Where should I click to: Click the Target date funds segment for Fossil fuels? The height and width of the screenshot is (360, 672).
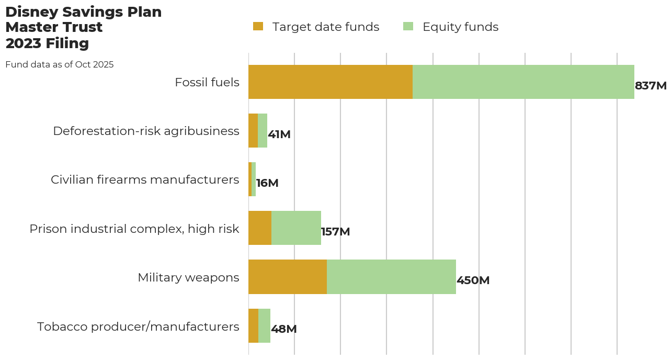point(331,82)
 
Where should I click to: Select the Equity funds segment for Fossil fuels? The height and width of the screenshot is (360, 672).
point(523,82)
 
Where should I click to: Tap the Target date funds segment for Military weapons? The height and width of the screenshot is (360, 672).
point(288,277)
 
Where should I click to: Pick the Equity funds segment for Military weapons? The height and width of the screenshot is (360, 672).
point(391,277)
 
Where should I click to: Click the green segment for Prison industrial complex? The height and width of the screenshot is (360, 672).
point(296,228)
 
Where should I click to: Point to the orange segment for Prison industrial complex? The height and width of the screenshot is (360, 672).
point(260,228)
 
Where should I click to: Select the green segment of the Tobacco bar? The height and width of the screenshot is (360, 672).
point(264,325)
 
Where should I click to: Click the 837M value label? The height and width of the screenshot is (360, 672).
point(651,86)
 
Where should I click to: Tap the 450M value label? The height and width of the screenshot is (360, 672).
point(473,280)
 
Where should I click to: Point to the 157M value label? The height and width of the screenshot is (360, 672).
point(335,232)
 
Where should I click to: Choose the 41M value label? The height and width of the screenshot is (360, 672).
point(279,134)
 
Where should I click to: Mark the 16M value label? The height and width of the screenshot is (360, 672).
point(267,183)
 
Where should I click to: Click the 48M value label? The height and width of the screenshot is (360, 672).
point(284,329)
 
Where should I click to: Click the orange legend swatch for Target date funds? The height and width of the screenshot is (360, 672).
point(258,27)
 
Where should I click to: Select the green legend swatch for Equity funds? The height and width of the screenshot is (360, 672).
point(408,27)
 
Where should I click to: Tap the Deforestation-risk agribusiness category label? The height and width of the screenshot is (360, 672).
point(146,131)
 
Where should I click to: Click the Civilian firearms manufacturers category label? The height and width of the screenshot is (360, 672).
point(145,179)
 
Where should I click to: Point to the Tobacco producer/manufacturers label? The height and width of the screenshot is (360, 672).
point(138,327)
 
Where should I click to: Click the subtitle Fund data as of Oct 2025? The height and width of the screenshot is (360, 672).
point(59,65)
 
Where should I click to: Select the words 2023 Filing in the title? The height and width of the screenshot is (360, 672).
point(47,43)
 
